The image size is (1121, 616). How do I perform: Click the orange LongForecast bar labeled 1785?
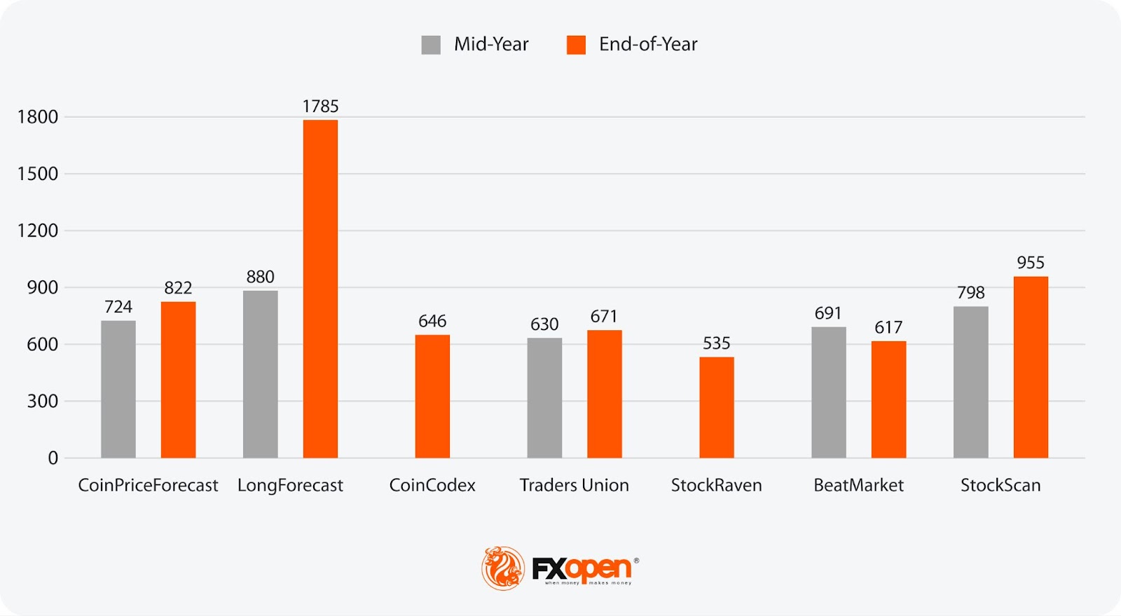[x=320, y=289]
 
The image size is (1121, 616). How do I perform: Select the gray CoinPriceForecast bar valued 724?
[x=118, y=389]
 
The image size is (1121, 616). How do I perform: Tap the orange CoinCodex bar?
[x=432, y=396]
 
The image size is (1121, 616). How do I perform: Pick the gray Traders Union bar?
[x=544, y=398]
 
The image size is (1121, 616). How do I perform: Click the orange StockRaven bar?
[x=716, y=407]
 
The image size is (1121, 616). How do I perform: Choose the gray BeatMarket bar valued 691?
[x=829, y=392]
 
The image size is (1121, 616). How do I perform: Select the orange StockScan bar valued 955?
[x=1031, y=367]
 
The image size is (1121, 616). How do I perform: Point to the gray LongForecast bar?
[x=261, y=374]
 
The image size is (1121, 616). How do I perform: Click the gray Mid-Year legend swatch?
[x=431, y=45]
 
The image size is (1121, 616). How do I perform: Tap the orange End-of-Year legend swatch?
[x=576, y=45]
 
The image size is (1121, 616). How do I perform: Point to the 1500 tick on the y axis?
[x=38, y=174]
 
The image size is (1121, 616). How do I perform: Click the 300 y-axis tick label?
[x=42, y=401]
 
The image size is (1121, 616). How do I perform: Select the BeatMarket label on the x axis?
[x=858, y=485]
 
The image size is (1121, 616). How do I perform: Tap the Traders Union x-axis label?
[x=574, y=485]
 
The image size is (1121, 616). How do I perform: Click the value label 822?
[x=178, y=288]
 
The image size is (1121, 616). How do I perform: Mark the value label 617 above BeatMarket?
[x=888, y=327]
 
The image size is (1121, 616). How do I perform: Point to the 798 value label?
[x=970, y=292]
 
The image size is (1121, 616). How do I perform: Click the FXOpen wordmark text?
[x=582, y=568]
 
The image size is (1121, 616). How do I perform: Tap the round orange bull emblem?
[x=502, y=568]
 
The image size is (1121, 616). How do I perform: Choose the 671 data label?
[x=604, y=316]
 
